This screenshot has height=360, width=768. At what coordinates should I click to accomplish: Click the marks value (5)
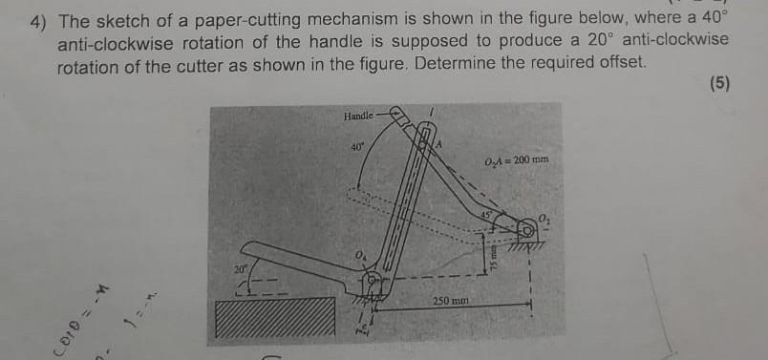tap(719, 84)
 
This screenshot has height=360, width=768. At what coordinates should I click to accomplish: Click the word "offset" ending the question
tap(622, 64)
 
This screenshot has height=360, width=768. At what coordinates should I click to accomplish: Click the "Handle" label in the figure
tap(358, 116)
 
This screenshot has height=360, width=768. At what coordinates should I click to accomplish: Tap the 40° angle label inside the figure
tap(357, 148)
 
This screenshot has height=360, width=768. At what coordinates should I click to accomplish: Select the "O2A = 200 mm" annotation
tap(516, 159)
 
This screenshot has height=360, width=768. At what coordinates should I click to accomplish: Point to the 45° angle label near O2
tap(487, 216)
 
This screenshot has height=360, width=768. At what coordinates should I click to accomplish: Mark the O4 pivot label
tap(359, 254)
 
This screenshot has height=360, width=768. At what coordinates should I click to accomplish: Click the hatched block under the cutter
tap(275, 318)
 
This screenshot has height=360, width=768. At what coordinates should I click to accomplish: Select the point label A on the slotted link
tap(440, 143)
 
